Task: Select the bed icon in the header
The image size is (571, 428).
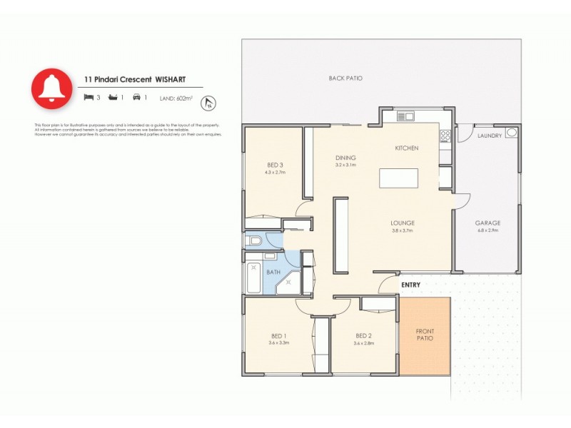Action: click(x=89, y=97)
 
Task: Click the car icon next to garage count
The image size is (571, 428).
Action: click(x=136, y=97)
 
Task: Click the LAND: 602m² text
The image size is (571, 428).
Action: click(x=178, y=98)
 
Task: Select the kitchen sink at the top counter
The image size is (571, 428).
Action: click(x=405, y=116)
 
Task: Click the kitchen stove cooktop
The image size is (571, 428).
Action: click(x=445, y=134)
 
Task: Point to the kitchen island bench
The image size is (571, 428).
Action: click(x=399, y=178)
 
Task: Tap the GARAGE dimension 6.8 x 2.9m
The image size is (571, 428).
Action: click(x=487, y=230)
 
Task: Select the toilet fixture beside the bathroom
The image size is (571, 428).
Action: click(x=253, y=241)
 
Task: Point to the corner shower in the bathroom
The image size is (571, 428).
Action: click(x=289, y=281)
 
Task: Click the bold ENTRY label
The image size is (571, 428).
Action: click(x=410, y=285)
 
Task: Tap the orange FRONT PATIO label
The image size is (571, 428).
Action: click(x=425, y=335)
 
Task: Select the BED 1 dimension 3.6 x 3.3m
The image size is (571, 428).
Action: click(x=278, y=343)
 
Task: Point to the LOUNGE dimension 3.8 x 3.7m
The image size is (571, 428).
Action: click(x=403, y=230)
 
